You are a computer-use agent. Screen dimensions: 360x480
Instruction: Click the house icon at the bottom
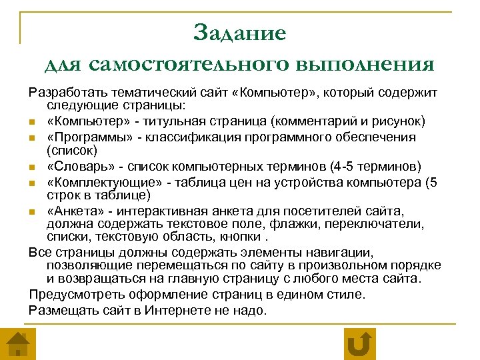point(18,344)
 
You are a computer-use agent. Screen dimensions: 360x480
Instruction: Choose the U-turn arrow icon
point(359,344)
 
